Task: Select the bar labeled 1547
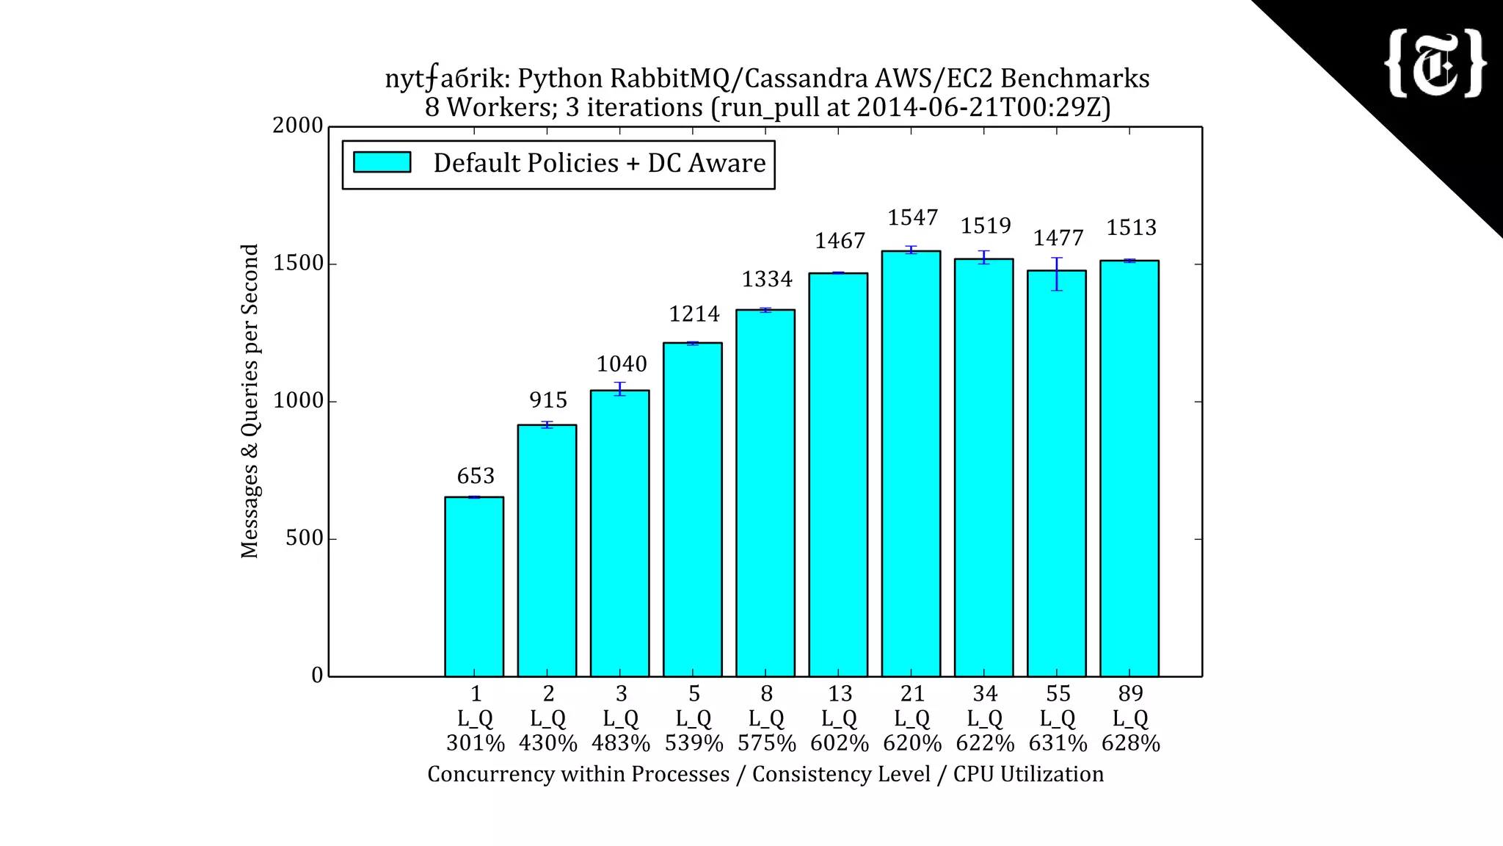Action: (x=911, y=463)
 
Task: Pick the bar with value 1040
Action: (x=620, y=532)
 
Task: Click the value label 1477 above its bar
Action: (x=1058, y=239)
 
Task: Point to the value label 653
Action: (x=476, y=477)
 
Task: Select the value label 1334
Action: (x=767, y=280)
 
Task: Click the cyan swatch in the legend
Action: (x=382, y=162)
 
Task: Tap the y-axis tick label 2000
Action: (x=298, y=126)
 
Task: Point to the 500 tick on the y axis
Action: (x=304, y=538)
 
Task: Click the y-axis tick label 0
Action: (x=317, y=676)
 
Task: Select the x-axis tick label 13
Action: (x=840, y=694)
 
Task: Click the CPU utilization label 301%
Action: (x=476, y=744)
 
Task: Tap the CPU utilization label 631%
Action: (x=1058, y=744)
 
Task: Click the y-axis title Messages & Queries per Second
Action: (x=250, y=401)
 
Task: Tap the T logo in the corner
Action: (x=1435, y=64)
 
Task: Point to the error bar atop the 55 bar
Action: (x=1057, y=274)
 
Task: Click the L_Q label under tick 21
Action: (x=912, y=719)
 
